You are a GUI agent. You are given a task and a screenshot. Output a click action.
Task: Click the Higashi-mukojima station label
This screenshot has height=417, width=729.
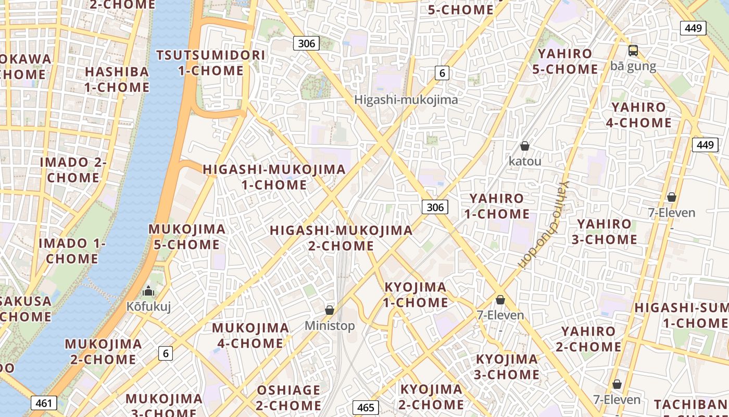(x=406, y=100)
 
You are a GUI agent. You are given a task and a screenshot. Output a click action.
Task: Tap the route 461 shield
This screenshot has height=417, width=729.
(x=44, y=403)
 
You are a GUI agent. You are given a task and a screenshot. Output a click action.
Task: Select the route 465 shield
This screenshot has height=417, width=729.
(x=366, y=407)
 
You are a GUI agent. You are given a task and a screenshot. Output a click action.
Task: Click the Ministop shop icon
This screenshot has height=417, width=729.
(x=330, y=311)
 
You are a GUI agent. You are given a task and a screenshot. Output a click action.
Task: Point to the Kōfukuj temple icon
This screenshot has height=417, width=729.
(x=148, y=291)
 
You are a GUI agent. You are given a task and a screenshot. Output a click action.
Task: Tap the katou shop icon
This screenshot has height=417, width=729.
(x=525, y=146)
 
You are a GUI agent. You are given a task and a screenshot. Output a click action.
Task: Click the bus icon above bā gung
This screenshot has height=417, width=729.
(x=633, y=51)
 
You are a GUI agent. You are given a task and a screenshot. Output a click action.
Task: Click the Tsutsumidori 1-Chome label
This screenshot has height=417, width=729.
(x=211, y=63)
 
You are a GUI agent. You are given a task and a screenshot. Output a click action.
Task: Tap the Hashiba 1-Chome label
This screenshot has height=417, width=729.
(x=117, y=79)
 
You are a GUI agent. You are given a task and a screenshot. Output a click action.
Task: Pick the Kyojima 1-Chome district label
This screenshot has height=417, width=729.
(x=416, y=295)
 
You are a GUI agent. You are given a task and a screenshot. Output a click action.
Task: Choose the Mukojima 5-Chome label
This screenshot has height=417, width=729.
(x=187, y=236)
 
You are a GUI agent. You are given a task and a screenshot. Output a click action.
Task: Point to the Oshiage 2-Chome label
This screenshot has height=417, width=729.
(x=288, y=397)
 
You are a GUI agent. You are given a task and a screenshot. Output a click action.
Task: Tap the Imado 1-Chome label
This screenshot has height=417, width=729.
(x=72, y=251)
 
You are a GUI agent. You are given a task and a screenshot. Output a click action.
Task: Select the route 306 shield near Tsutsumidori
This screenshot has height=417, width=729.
(x=306, y=43)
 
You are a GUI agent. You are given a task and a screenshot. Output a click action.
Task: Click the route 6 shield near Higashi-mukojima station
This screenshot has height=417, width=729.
(x=442, y=73)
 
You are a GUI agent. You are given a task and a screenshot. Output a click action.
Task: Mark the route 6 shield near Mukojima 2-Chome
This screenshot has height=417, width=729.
(x=166, y=353)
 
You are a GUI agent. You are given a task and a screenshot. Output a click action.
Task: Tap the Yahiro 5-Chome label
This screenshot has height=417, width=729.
(x=564, y=61)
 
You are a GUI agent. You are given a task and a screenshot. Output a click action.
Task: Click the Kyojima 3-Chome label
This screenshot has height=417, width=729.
(x=507, y=366)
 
